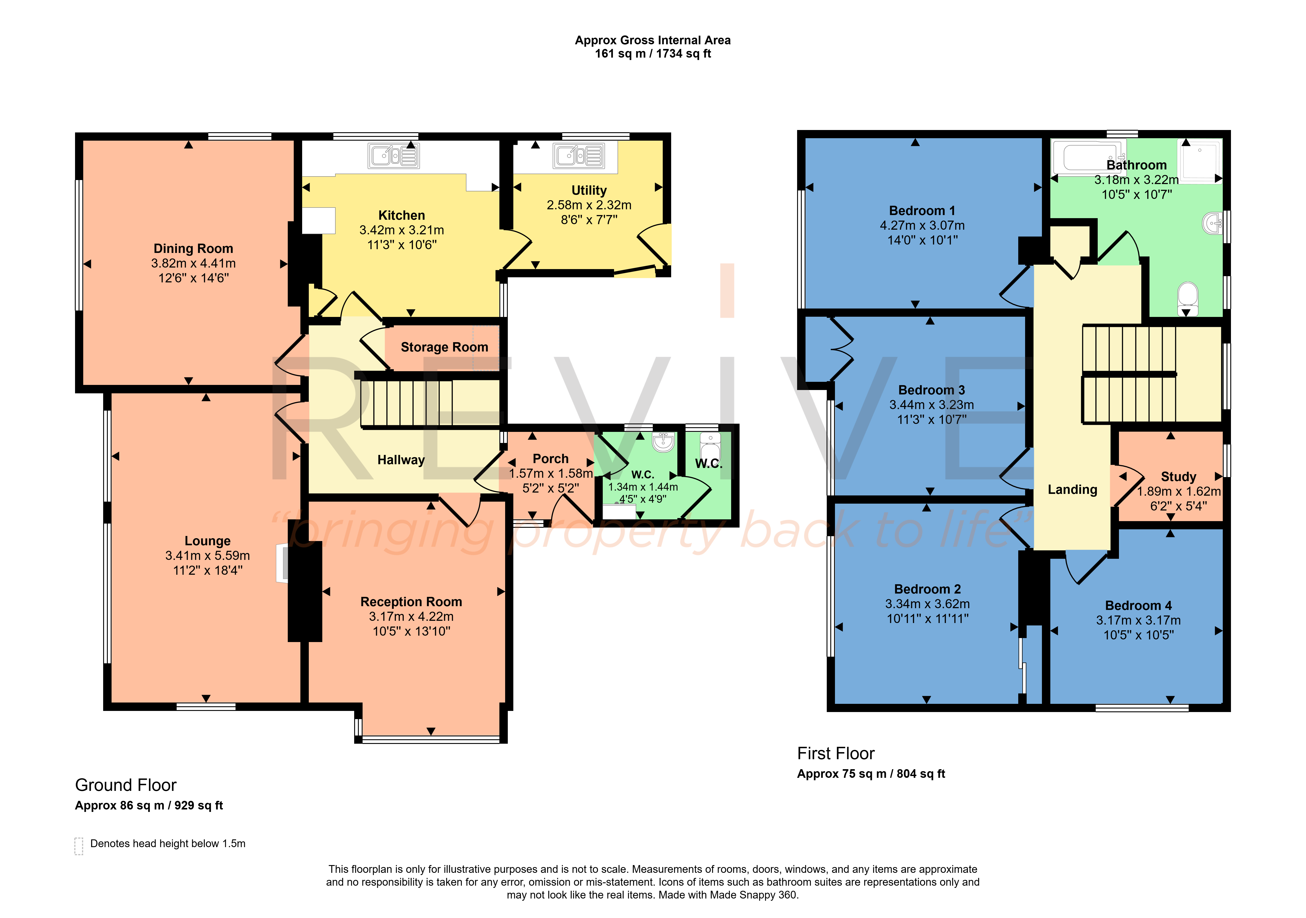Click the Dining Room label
[x=193, y=249]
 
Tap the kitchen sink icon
[x=394, y=155]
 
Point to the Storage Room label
[x=444, y=347]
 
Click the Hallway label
[x=401, y=460]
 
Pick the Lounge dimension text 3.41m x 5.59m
[x=208, y=555]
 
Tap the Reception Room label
[x=411, y=602]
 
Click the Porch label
[x=551, y=459]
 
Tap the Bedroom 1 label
[x=922, y=211]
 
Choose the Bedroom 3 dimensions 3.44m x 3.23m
[x=932, y=405]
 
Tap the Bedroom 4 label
[x=1138, y=606]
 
